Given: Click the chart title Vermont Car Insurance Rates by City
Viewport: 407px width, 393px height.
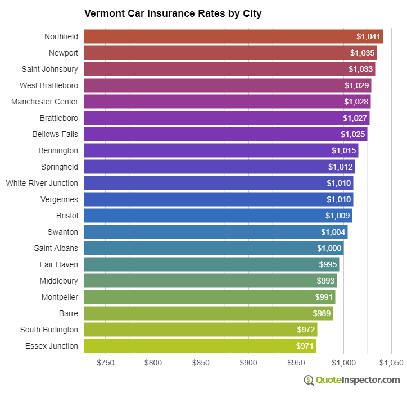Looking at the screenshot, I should click(173, 13).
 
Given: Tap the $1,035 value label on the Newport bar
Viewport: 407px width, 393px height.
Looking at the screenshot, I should click(362, 53).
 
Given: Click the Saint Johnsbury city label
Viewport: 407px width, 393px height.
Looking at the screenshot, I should click(50, 69).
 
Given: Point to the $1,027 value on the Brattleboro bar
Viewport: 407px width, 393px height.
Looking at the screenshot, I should click(355, 118).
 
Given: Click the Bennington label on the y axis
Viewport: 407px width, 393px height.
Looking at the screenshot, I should click(58, 150).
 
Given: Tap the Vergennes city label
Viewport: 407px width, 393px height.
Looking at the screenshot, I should click(60, 199).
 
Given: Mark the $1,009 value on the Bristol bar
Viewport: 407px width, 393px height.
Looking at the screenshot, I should click(338, 216).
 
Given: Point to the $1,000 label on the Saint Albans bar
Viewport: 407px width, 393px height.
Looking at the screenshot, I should click(329, 248).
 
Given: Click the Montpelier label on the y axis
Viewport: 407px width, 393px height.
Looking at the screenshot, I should click(60, 297).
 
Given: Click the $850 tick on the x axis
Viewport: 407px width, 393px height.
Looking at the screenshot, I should click(201, 363).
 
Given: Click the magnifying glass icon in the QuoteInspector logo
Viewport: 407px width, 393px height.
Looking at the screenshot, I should click(309, 380).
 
